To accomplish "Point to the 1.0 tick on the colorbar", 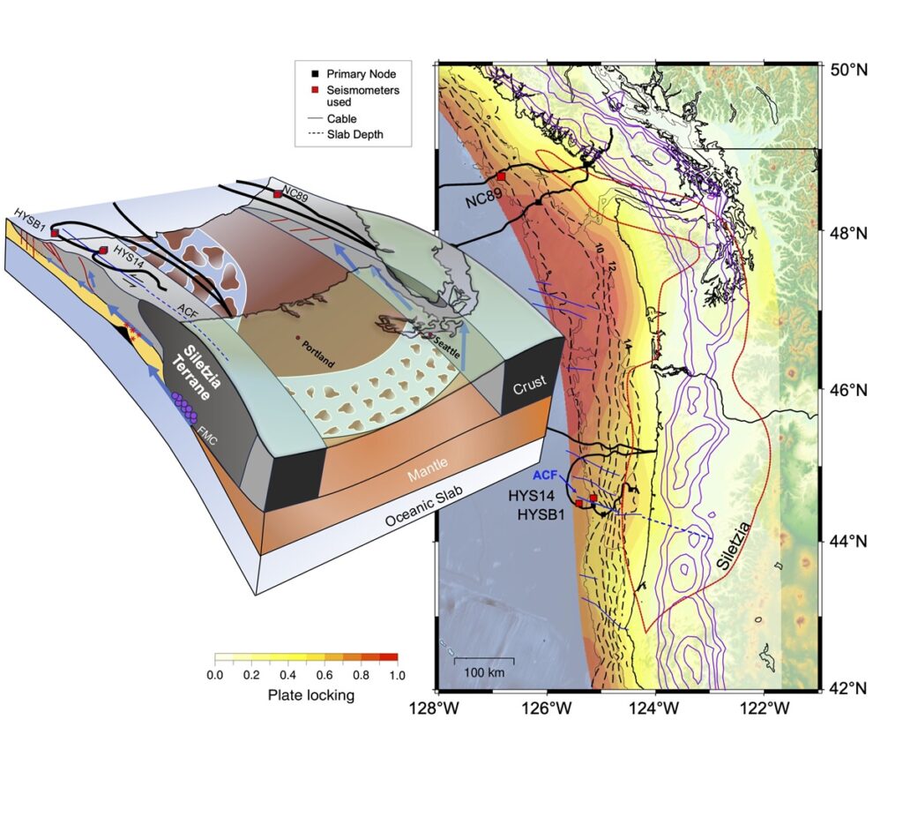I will [x=396, y=675].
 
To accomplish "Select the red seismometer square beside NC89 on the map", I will [x=501, y=176].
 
